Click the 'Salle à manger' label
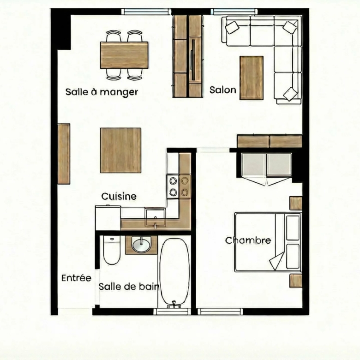pyautogui.click(x=102, y=92)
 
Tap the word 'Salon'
pyautogui.click(x=223, y=90)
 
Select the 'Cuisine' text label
pyautogui.click(x=119, y=196)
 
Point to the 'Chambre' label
pyautogui.click(x=248, y=240)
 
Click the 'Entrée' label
pyautogui.click(x=76, y=278)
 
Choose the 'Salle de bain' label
pyautogui.click(x=129, y=287)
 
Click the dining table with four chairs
pyautogui.click(x=124, y=55)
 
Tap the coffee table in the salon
pyautogui.click(x=252, y=78)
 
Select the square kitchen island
pyautogui.click(x=120, y=150)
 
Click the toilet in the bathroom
pyautogui.click(x=112, y=250)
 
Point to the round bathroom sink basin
pyautogui.click(x=141, y=245)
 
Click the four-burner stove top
pyautogui.click(x=179, y=186)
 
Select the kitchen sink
pyautogui.click(x=155, y=217)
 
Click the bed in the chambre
pyautogui.click(x=268, y=242)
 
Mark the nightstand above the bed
pyautogui.click(x=295, y=203)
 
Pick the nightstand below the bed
pyautogui.click(x=295, y=281)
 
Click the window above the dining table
pyautogui.click(x=146, y=12)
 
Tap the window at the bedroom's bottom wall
pyautogui.click(x=220, y=312)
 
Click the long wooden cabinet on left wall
pyautogui.click(x=64, y=154)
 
